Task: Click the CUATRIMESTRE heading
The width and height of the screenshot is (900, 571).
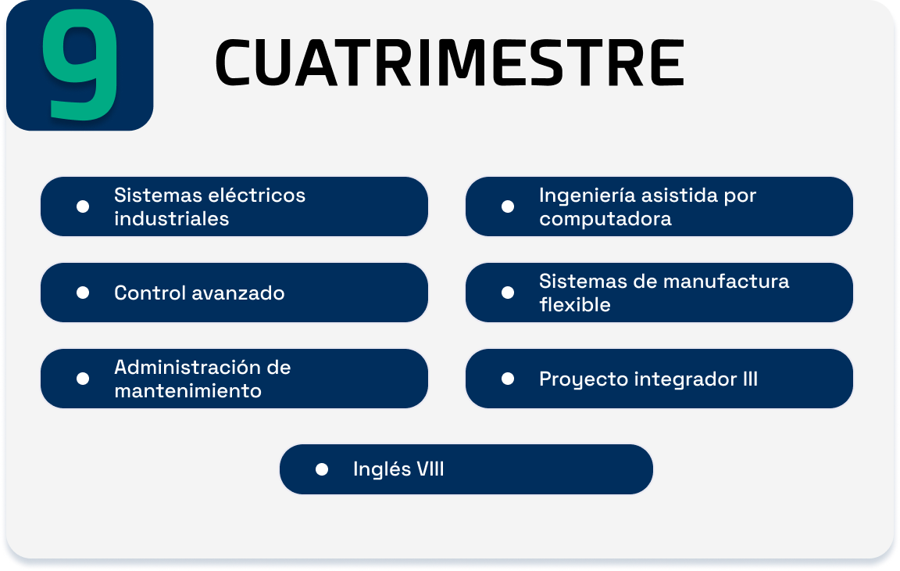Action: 449,63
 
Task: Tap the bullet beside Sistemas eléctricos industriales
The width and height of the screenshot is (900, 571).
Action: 83,206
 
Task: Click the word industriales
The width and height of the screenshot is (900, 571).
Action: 172,219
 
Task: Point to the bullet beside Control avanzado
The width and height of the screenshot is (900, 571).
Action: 83,293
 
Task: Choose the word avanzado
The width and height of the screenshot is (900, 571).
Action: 238,293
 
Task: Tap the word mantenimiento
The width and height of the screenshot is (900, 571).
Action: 187,390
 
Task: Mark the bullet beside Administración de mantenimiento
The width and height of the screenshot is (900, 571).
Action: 83,379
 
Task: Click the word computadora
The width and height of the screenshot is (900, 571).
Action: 605,219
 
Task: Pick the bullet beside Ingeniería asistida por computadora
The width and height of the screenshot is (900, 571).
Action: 507,206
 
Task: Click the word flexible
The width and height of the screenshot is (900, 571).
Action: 574,304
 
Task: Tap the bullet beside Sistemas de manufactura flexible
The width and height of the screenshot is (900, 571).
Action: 507,293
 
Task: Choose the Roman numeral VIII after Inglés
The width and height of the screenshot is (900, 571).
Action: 430,469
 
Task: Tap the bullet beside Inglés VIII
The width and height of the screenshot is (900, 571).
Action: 321,469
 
